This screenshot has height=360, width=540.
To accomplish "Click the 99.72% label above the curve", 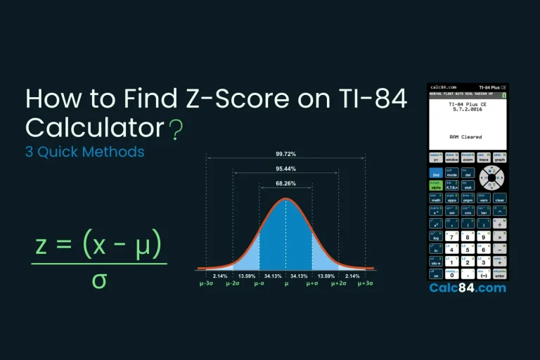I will tap(285, 153).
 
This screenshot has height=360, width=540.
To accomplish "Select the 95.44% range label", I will tap(285, 169).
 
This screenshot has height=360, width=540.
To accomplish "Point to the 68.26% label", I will tap(285, 185).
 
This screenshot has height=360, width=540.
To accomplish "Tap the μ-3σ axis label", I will tap(207, 284).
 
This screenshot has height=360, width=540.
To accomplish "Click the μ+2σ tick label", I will tap(339, 284).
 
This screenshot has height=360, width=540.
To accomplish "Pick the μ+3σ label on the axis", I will tap(365, 284).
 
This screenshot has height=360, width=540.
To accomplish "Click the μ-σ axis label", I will tap(259, 284).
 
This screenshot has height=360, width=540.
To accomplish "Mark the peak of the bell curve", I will tap(285, 200).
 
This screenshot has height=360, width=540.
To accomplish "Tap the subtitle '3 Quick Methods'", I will tap(85, 151).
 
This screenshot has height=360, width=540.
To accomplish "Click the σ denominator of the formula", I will tap(98, 280).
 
